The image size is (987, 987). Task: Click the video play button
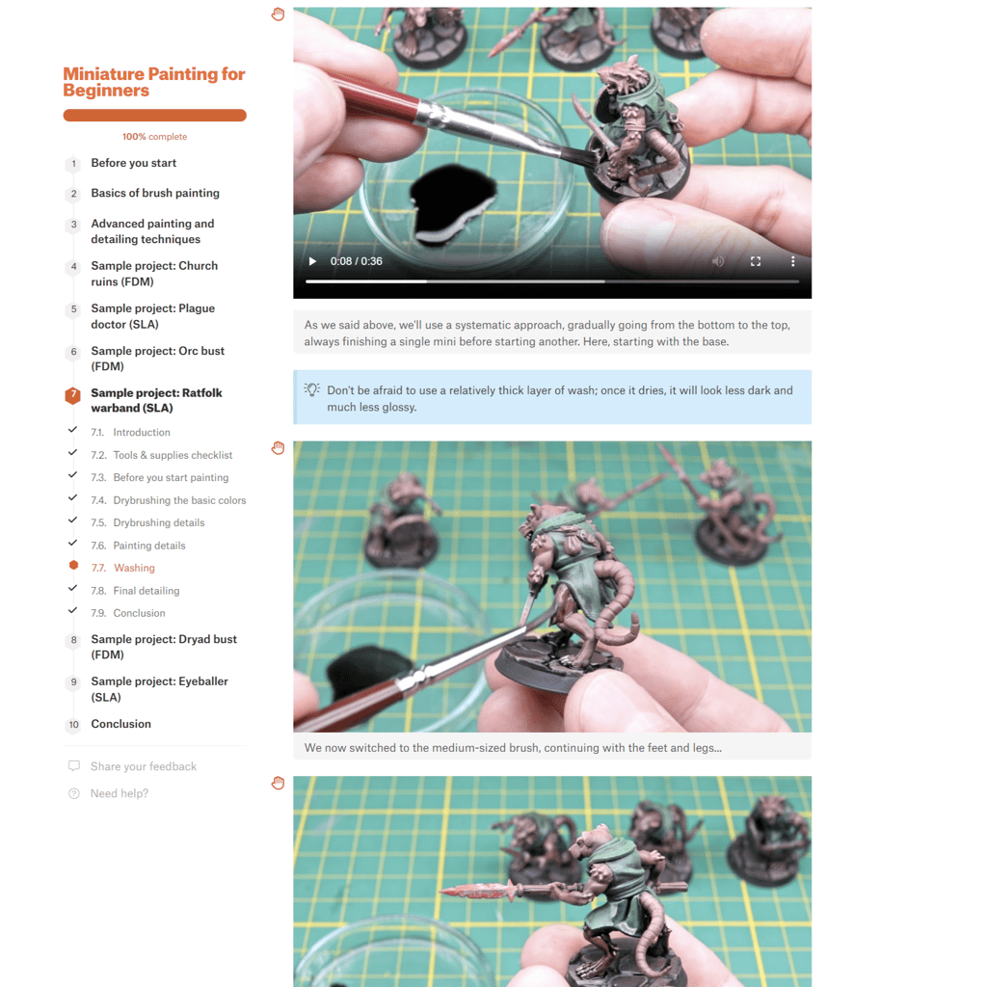click(312, 261)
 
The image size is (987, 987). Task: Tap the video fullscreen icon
click(756, 261)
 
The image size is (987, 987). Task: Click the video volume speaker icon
click(717, 261)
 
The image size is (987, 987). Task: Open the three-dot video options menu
click(792, 261)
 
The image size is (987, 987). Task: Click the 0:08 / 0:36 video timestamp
click(357, 261)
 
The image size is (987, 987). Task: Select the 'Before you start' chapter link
click(133, 163)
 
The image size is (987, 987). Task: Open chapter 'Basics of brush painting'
click(155, 193)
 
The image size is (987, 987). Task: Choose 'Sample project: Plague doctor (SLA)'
click(153, 316)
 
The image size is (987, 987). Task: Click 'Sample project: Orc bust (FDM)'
click(157, 359)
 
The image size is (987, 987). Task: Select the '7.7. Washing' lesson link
click(122, 568)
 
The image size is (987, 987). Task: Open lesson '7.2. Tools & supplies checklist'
click(161, 455)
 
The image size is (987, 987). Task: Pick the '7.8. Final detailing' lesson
click(135, 591)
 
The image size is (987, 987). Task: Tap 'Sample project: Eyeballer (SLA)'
click(159, 689)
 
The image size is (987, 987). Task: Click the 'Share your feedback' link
click(143, 766)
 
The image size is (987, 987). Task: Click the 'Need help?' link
click(119, 794)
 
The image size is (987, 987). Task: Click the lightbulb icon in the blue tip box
click(311, 389)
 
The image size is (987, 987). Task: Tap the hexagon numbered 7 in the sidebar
click(73, 395)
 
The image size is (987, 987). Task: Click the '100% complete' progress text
click(154, 137)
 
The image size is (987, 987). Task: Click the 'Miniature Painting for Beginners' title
click(153, 82)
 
